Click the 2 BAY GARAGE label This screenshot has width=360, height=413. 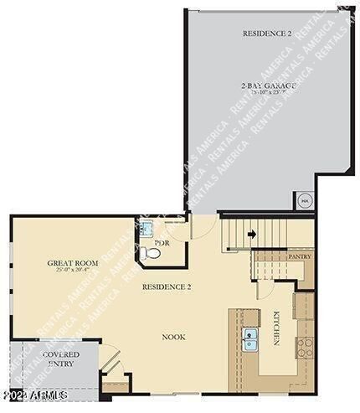tap(268, 85)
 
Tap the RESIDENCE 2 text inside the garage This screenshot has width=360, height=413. tap(267, 34)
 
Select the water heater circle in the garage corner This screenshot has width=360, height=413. tap(305, 201)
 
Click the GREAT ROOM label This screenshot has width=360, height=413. tap(73, 263)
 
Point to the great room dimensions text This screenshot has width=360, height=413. tap(73, 271)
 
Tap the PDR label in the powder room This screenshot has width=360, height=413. tap(162, 244)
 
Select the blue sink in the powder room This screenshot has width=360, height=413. tap(145, 228)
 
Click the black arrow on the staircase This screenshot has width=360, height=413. tap(251, 235)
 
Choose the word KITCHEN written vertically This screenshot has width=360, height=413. tap(277, 325)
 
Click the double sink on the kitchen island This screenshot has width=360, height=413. tap(251, 339)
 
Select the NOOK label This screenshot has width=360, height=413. tap(173, 337)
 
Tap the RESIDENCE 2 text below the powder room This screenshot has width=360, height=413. tap(167, 287)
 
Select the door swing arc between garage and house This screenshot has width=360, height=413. tap(201, 225)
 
